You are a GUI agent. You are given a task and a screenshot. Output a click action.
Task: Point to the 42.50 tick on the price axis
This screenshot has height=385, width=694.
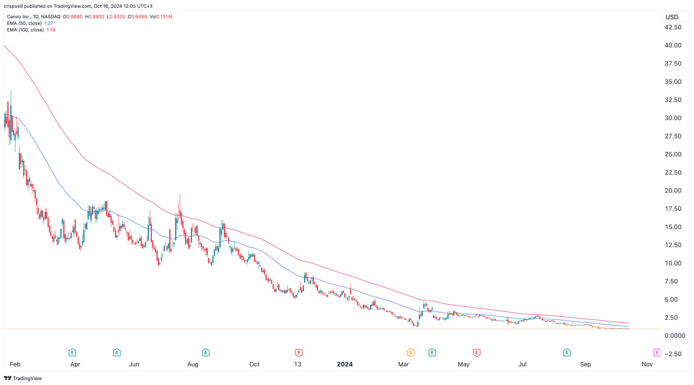pos(673,27)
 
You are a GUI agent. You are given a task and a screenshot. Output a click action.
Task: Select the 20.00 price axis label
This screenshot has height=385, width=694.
pos(673,190)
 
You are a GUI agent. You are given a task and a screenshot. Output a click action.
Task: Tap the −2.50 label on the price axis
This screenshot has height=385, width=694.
pos(673,354)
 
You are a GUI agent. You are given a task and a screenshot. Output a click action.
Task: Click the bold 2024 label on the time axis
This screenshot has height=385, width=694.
pos(345,364)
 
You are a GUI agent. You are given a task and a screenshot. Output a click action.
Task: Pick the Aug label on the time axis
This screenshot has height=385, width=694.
pos(192,364)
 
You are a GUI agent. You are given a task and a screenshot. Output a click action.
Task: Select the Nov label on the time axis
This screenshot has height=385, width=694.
pos(647,364)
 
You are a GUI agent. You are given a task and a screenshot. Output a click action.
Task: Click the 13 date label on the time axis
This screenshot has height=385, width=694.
pos(298,364)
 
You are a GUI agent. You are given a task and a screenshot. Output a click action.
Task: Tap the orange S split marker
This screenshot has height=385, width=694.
pos(411,353)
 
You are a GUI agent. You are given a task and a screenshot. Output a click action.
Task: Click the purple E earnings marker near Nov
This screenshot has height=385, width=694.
pos(657,353)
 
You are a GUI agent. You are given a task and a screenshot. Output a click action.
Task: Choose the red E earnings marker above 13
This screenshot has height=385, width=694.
pos(299,353)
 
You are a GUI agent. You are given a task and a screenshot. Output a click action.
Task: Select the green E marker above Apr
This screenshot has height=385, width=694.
pos(72,353)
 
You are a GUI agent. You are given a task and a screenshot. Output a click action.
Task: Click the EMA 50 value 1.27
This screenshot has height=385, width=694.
pos(49,23)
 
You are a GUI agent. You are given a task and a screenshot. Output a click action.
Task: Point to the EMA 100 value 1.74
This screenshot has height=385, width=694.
pos(51,30)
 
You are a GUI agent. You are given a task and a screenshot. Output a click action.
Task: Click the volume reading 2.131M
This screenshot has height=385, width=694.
pos(164,17)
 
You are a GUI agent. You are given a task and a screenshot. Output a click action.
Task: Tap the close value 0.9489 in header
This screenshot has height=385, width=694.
pos(139,17)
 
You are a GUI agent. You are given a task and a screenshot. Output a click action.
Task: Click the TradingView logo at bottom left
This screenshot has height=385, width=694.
pos(23,378)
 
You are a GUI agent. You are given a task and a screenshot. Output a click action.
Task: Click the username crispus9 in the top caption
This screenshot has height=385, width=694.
pos(13,6)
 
